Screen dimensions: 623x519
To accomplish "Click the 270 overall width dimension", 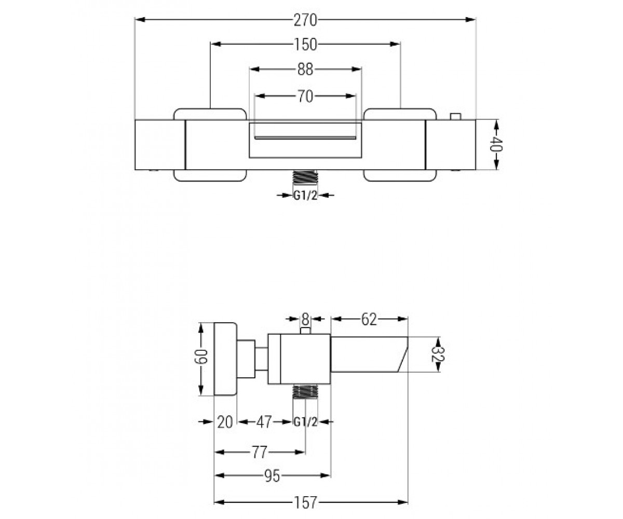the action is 305,20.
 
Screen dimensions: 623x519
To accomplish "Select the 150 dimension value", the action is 305,45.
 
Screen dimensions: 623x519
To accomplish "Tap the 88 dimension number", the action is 305,70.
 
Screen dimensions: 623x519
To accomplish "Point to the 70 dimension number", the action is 305,97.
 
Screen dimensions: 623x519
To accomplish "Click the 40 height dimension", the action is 496,144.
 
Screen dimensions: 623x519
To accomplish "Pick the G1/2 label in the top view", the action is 305,196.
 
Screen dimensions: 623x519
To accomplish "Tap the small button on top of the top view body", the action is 456,116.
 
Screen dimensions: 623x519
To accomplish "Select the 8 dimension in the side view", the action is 305,319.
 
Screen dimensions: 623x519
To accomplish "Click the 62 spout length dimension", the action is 369,320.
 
